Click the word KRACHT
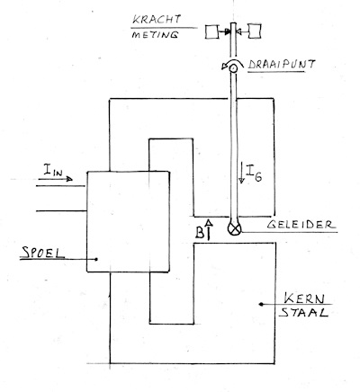point(157,20)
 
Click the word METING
point(155,34)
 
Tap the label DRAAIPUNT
point(282,65)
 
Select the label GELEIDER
point(301,225)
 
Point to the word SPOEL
point(42,253)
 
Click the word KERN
point(304,298)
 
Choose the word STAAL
point(303,313)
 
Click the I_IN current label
point(53,170)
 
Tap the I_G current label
point(254,174)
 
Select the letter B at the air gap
point(200,233)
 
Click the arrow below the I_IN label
point(56,179)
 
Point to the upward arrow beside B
point(209,229)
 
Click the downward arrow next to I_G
point(241,173)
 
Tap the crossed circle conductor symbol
point(235,229)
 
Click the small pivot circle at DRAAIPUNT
point(233,68)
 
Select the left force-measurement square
point(211,31)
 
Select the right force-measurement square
point(255,31)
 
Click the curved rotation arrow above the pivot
point(231,64)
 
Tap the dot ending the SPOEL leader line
point(96,259)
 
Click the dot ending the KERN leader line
point(261,305)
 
